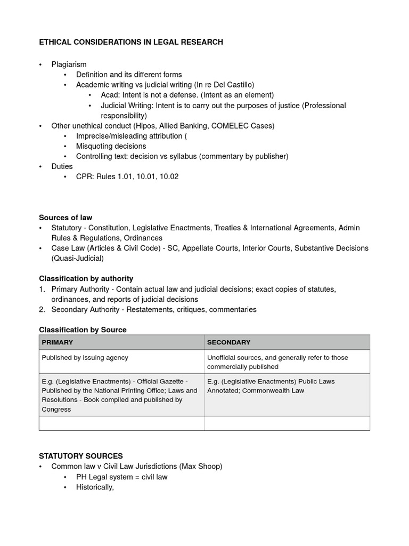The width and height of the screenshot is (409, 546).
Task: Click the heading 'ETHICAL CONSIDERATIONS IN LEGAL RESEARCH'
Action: click(131, 42)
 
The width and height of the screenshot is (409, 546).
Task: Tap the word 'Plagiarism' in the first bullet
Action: click(69, 65)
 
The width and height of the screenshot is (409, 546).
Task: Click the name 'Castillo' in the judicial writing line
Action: click(240, 85)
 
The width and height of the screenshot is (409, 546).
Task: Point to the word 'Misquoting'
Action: click(94, 146)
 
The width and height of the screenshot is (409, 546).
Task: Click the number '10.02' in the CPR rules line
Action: click(168, 176)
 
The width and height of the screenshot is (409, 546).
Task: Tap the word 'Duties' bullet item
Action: click(62, 166)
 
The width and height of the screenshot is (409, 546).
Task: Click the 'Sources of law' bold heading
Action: click(66, 218)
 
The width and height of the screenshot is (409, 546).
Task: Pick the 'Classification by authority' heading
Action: click(86, 278)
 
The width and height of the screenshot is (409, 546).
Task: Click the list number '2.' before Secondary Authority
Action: click(43, 309)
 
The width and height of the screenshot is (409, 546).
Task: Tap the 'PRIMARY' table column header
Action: click(58, 342)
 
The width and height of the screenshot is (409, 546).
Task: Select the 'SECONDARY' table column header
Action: click(228, 342)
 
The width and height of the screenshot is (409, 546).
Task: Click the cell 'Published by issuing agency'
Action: click(85, 358)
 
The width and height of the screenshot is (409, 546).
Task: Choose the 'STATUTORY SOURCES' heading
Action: click(81, 456)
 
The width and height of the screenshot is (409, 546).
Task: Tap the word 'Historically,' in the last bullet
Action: click(95, 487)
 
